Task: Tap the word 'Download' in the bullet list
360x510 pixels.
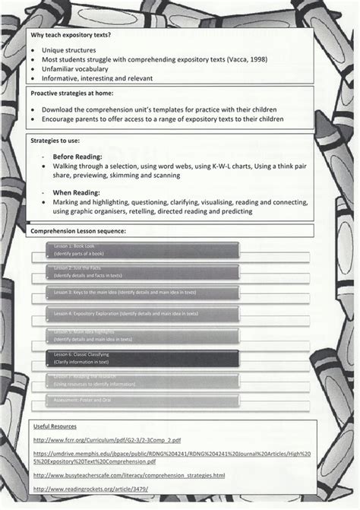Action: (58, 109)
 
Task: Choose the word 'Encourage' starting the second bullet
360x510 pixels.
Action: (59, 119)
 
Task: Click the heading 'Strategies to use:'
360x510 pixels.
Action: (55, 141)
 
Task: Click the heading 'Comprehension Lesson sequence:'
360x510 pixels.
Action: (78, 230)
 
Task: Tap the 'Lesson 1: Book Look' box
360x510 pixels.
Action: (144, 249)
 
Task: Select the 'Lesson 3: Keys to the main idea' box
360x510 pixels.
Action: (144, 292)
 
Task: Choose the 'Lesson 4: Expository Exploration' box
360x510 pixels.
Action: (144, 313)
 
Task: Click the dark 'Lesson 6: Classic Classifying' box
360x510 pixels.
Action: (144, 357)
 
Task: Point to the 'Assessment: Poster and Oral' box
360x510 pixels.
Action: (144, 400)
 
